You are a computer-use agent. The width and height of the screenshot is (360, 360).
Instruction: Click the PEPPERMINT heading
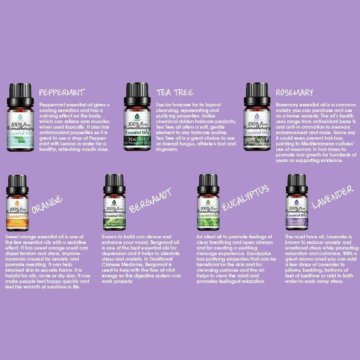62,92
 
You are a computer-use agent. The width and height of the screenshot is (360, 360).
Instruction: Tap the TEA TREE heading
175,92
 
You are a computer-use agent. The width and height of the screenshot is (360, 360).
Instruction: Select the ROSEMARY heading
294,92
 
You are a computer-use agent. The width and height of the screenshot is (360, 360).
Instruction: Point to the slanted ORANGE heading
47,205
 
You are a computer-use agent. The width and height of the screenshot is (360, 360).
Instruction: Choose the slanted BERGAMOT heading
150,200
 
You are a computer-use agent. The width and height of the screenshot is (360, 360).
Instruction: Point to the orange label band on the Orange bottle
17,222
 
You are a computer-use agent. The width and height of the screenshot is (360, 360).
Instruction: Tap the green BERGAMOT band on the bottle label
114,222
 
